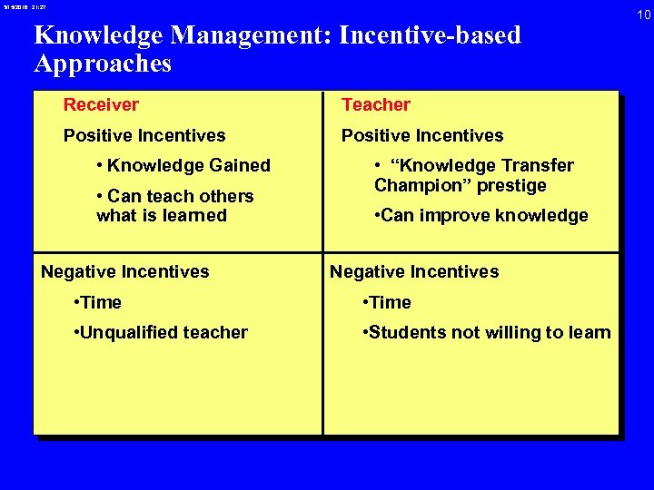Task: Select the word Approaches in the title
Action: (x=103, y=64)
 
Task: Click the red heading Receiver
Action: (x=101, y=104)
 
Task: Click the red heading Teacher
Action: (x=376, y=104)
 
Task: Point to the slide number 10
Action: (x=643, y=15)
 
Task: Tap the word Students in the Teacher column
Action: (x=403, y=332)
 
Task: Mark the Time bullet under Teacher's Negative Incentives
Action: (x=386, y=302)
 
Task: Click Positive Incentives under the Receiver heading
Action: (x=144, y=135)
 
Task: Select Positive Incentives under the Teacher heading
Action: (x=422, y=135)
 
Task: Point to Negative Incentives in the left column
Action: (x=125, y=271)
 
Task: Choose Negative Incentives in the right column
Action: (x=414, y=271)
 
